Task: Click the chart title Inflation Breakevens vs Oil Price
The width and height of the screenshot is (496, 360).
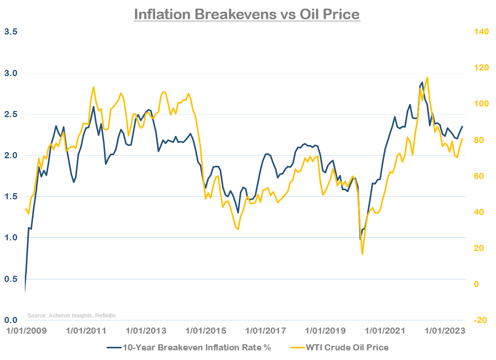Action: click(x=247, y=14)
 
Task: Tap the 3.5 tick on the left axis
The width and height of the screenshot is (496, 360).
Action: click(x=11, y=31)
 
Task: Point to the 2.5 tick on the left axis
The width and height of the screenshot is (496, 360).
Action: click(x=11, y=114)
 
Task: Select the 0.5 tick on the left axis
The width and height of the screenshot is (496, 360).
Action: click(x=11, y=279)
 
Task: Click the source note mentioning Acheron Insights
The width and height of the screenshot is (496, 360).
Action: click(x=72, y=315)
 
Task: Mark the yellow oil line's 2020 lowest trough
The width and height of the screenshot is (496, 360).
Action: click(x=362, y=254)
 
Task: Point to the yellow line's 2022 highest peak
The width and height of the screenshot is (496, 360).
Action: click(x=428, y=78)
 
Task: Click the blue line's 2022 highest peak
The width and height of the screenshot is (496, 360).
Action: click(x=422, y=82)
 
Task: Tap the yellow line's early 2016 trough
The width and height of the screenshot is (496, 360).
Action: click(x=238, y=229)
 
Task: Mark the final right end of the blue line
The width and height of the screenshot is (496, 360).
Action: click(x=462, y=126)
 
